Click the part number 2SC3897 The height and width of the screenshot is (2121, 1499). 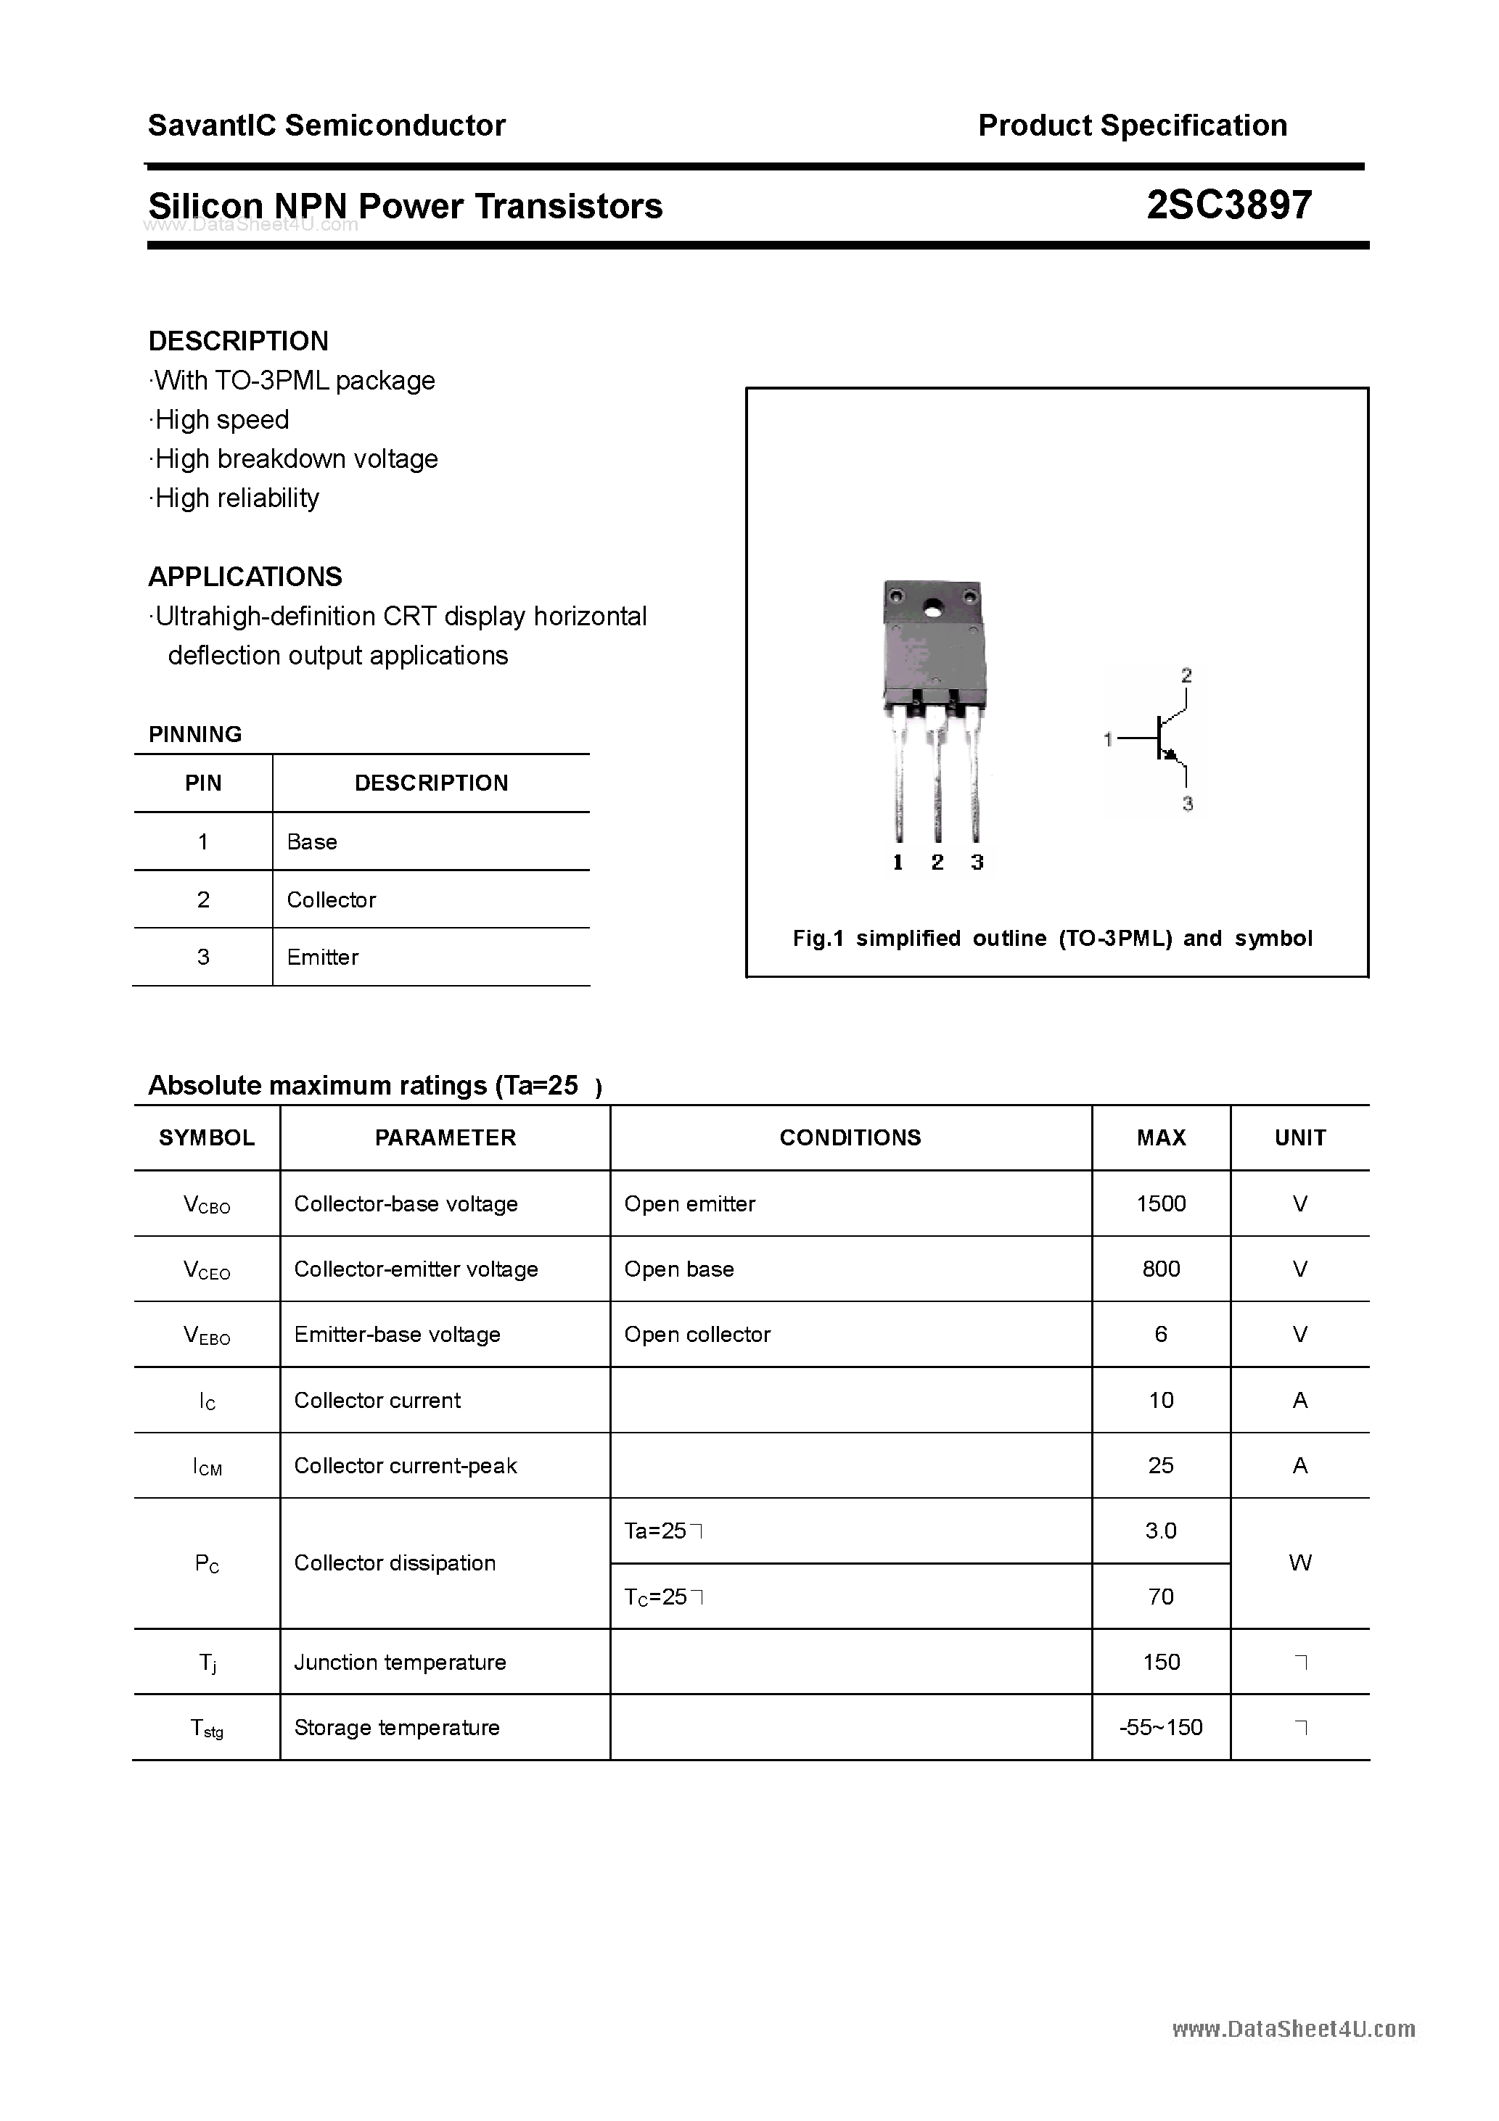tap(1228, 205)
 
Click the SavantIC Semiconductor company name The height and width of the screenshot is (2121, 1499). tap(327, 125)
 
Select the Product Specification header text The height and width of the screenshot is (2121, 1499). tap(1132, 125)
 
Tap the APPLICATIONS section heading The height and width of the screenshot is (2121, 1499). tap(245, 577)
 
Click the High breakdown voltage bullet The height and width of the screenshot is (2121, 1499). tap(296, 459)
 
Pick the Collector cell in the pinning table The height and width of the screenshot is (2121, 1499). tap(331, 899)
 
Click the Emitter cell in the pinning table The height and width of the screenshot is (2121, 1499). tap(323, 958)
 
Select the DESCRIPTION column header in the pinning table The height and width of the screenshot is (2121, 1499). tap(431, 783)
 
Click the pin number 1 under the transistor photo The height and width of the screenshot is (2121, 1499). tap(898, 862)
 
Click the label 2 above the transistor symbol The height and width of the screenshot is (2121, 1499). tap(1186, 675)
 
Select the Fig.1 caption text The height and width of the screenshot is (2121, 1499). tap(1053, 939)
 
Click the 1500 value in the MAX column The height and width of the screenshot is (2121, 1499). tap(1161, 1203)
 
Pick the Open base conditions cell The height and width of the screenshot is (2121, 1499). tap(679, 1269)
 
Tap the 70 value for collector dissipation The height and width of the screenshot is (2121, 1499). tap(1161, 1597)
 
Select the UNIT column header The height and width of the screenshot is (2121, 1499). tap(1299, 1138)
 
